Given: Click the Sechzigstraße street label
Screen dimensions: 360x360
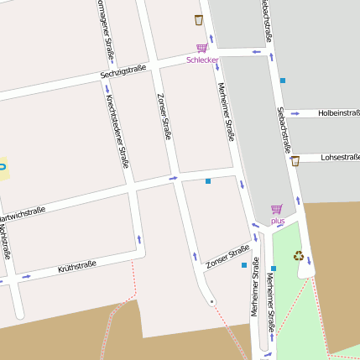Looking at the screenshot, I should (123, 73).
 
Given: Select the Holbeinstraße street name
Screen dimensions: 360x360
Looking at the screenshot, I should (339, 113).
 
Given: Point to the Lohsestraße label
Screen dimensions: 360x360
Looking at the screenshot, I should (340, 157).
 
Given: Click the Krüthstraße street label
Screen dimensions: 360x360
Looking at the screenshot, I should (77, 268).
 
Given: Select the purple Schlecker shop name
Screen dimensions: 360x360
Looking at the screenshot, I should (202, 60).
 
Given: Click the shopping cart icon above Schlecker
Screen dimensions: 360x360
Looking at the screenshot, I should (201, 49).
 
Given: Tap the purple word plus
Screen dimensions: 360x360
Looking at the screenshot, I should (278, 221).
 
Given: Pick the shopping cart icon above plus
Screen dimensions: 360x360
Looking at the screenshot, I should (277, 209).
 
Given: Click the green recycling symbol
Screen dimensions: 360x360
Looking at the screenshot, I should (299, 256).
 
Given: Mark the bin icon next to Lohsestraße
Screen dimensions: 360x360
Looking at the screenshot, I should (295, 160).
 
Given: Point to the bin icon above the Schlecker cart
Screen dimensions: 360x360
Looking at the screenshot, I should (199, 20).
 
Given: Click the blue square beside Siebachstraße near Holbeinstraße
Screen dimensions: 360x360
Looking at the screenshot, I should (283, 81).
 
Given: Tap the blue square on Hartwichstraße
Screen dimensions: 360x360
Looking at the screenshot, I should (208, 180).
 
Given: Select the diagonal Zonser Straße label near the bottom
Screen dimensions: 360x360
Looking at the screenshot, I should (227, 258).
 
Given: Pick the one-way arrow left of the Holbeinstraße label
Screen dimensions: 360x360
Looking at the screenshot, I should (295, 112).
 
